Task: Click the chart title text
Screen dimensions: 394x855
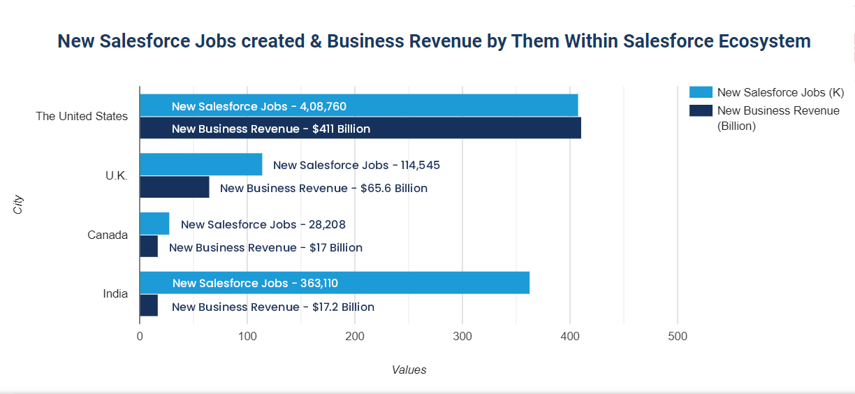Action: click(434, 41)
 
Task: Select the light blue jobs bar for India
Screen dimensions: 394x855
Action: click(335, 283)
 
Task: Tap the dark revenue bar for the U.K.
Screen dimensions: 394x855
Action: click(175, 187)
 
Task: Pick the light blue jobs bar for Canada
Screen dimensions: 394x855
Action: click(154, 224)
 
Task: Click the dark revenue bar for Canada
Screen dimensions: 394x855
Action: click(149, 247)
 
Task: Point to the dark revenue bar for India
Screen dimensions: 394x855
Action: click(149, 306)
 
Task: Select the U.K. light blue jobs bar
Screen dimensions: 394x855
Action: click(201, 165)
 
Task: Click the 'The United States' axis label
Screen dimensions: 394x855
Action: click(82, 116)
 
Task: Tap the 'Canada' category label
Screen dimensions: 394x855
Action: click(108, 235)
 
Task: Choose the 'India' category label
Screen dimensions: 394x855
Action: click(115, 293)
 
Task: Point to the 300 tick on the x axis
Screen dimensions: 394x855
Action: click(462, 337)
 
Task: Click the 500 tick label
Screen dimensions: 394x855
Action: click(678, 337)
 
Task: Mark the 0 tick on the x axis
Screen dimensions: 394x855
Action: click(140, 337)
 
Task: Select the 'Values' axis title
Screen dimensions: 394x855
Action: click(409, 370)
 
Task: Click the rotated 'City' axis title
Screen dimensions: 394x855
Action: click(19, 205)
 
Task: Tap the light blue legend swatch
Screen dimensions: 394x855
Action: click(700, 92)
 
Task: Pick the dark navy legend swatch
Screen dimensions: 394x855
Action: click(700, 110)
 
